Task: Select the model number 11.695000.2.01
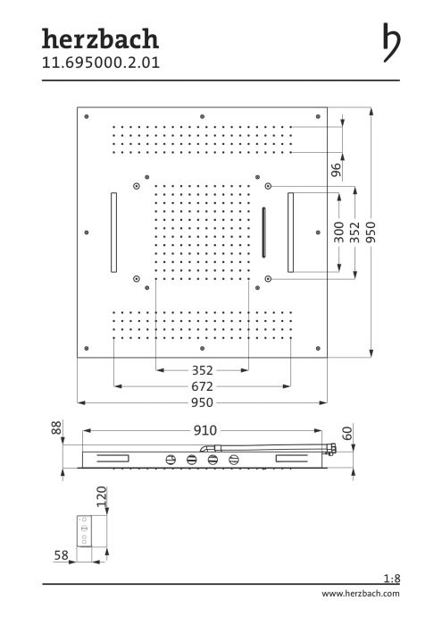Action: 101,63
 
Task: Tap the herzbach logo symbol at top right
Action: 391,42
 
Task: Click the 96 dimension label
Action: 337,170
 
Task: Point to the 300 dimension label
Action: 338,233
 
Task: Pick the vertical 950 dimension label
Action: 371,233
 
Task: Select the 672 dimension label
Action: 202,386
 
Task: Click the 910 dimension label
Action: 205,430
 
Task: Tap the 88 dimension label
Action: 56,427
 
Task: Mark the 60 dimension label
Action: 347,433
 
